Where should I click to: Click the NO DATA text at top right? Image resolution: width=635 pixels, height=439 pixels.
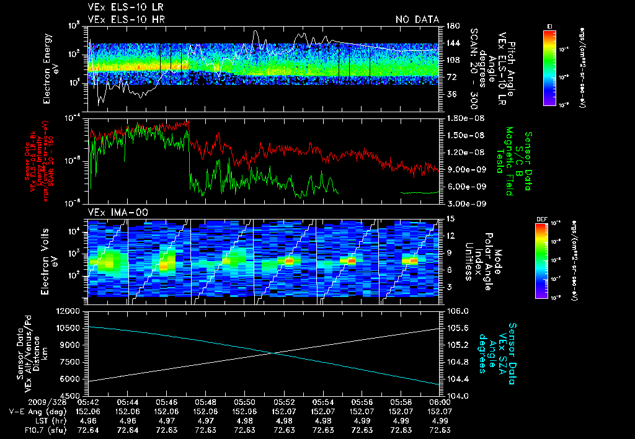(417, 20)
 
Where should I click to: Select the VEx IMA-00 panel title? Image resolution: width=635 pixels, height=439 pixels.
(112, 212)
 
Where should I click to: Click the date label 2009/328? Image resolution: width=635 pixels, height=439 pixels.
(25, 402)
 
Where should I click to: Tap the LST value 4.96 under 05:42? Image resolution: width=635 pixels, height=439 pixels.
(88, 420)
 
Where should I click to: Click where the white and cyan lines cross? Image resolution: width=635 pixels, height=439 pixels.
(272, 353)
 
